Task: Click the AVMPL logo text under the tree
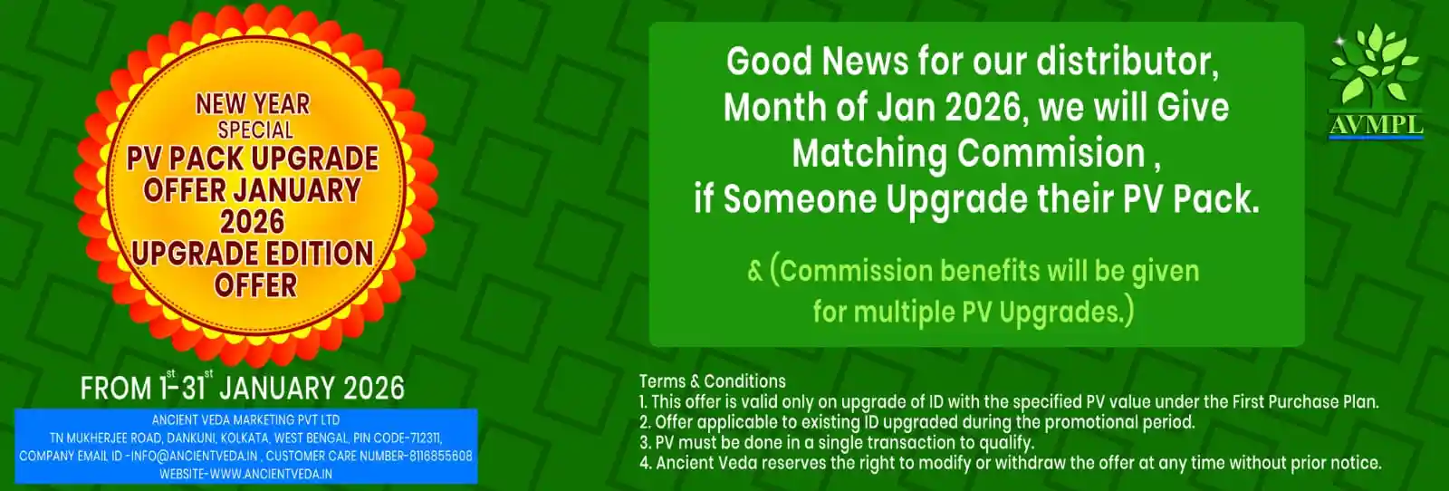1376,124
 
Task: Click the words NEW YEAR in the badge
253,104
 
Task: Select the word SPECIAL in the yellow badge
255,130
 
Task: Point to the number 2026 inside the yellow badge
253,222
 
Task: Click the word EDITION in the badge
308,254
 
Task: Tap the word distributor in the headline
1128,62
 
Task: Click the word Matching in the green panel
868,155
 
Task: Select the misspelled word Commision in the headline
1051,153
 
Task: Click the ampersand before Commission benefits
755,272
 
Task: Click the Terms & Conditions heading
712,381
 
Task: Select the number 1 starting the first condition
642,402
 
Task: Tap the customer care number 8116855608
440,456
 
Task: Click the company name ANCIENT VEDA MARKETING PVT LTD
245,419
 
